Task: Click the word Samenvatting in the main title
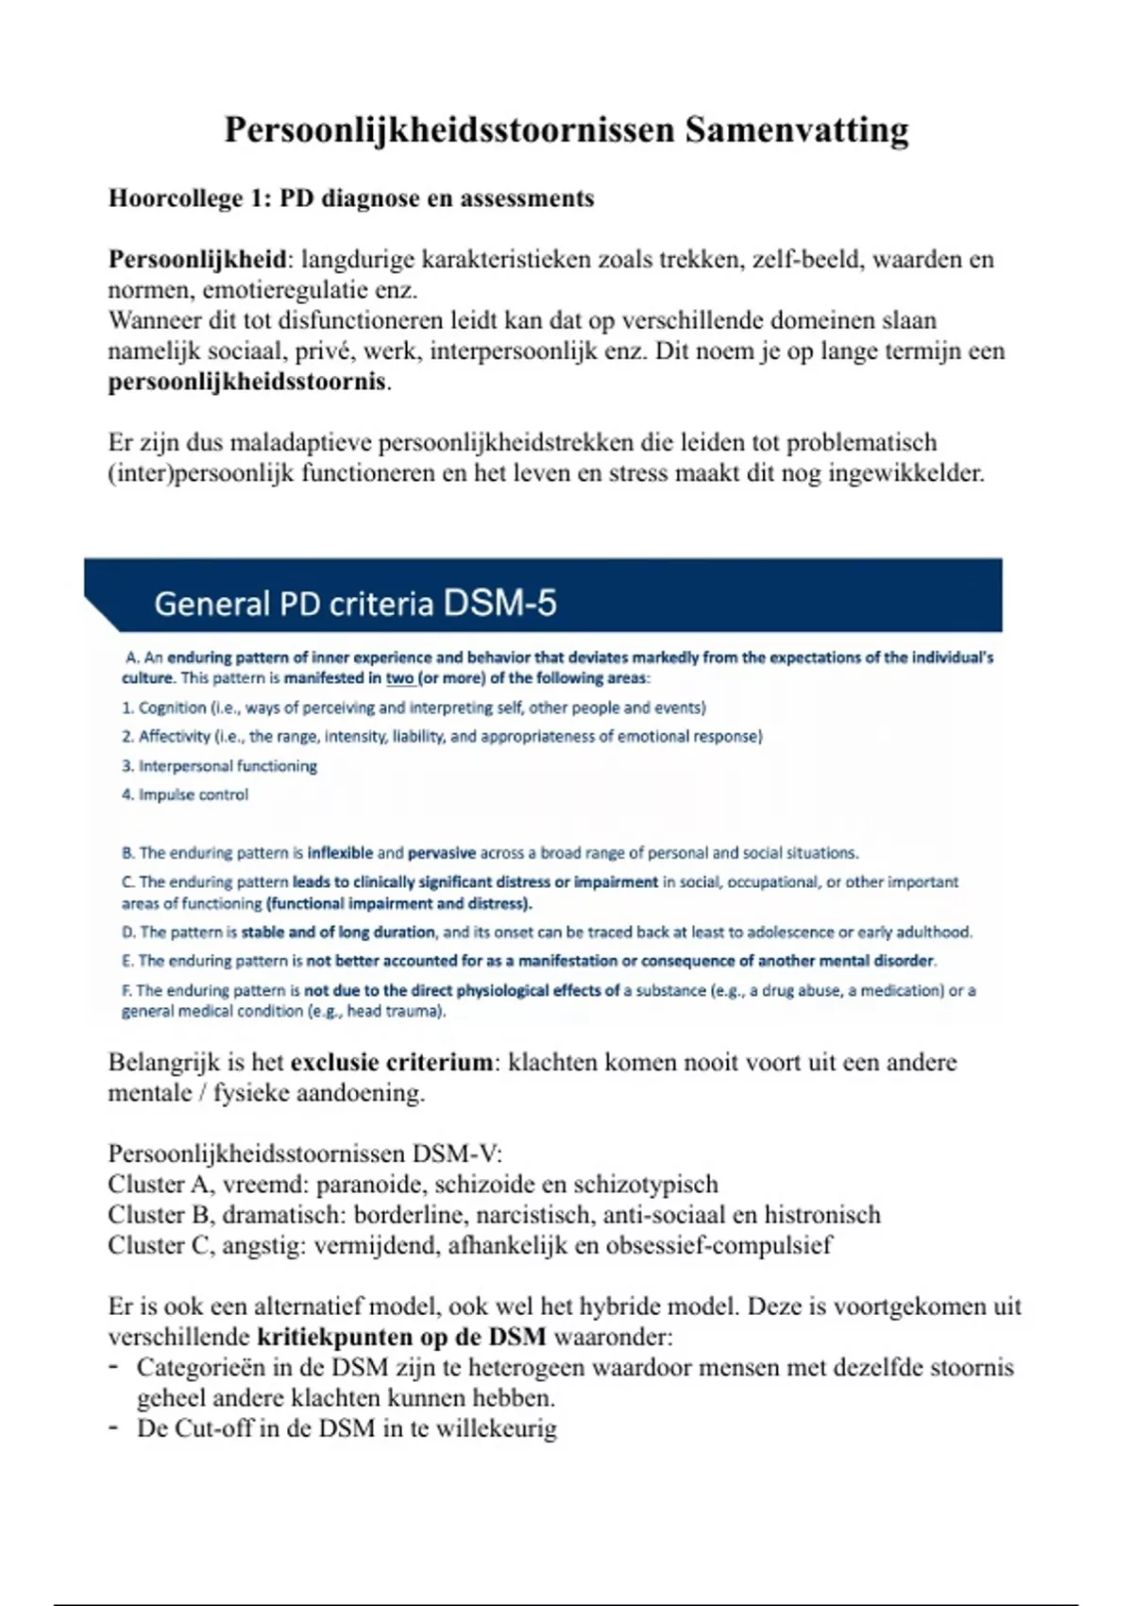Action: (x=797, y=129)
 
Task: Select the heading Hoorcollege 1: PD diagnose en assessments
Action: (x=351, y=198)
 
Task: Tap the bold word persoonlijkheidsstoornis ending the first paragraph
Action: (x=247, y=382)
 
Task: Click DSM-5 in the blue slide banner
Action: (x=499, y=603)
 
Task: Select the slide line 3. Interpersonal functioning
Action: (x=219, y=765)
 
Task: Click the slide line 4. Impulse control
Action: (x=185, y=794)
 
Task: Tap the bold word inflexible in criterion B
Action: (x=340, y=852)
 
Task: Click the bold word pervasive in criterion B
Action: (x=441, y=852)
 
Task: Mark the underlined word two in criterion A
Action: (x=399, y=677)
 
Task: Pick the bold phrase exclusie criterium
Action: (x=391, y=1062)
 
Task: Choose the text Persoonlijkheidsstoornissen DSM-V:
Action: (x=305, y=1153)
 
